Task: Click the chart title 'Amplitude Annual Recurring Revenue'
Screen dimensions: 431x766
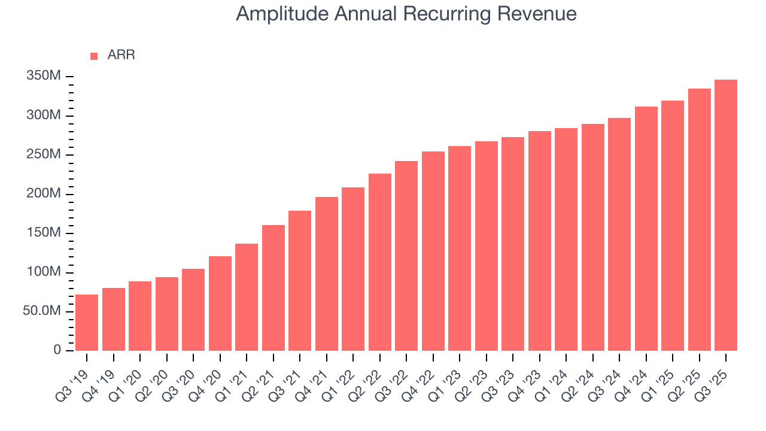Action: coord(406,14)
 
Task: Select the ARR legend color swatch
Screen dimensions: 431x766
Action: coord(94,56)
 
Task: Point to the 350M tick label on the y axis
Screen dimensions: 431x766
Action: coord(44,77)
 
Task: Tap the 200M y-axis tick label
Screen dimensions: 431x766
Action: coord(44,194)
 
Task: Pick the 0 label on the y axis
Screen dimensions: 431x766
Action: coord(57,350)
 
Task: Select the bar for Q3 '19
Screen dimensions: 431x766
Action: coord(87,323)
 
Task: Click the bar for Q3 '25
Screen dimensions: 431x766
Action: coord(726,215)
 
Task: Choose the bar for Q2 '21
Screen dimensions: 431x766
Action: coord(273,288)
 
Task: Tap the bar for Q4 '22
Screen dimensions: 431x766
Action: coord(433,251)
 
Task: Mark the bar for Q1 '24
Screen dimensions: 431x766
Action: coord(566,239)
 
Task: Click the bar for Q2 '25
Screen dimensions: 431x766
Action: coord(699,220)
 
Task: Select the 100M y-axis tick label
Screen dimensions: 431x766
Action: coord(44,272)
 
